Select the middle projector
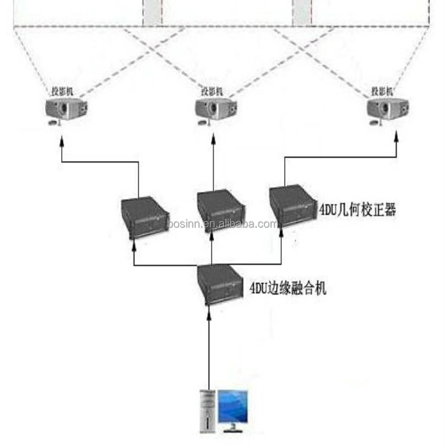pos(216,110)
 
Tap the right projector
pos(387,110)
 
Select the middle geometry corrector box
pos(221,210)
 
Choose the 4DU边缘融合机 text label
pos(288,288)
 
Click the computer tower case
pos(207,410)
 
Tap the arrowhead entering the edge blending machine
pos(209,316)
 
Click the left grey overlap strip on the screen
pos(152,13)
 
